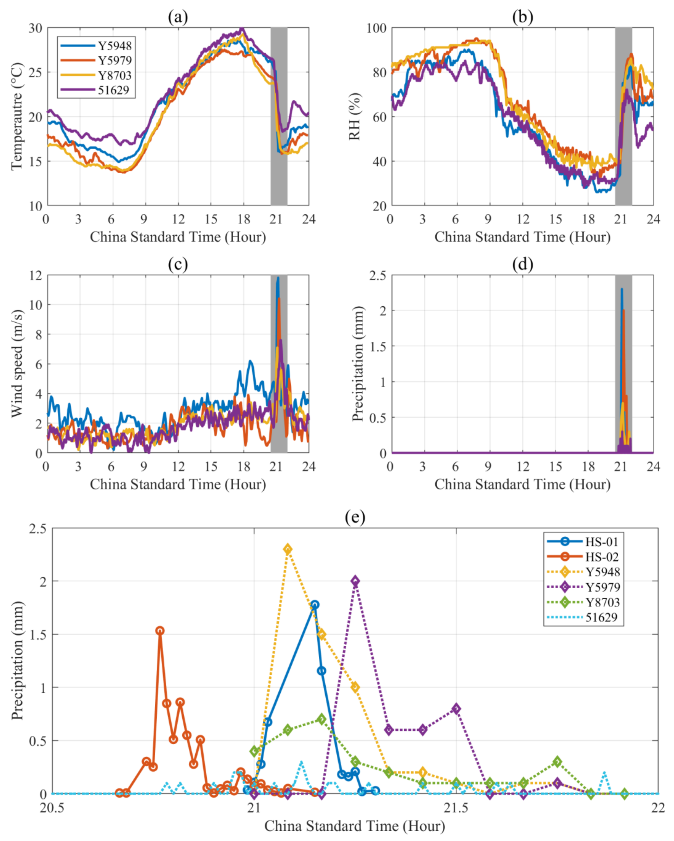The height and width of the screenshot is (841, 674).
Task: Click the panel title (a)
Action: click(x=178, y=17)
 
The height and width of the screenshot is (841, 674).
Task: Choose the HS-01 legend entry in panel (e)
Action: click(x=583, y=542)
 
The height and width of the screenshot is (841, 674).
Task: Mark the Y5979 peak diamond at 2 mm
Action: click(x=355, y=581)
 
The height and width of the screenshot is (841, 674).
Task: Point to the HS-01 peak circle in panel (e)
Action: click(x=315, y=605)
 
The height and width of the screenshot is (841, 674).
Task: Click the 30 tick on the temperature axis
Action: click(x=36, y=28)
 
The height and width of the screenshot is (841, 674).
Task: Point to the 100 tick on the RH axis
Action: click(x=376, y=28)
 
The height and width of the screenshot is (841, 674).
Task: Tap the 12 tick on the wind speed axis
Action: click(x=36, y=275)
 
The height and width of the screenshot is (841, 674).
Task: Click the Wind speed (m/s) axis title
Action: click(x=17, y=364)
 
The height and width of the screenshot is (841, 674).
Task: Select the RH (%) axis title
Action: click(x=354, y=117)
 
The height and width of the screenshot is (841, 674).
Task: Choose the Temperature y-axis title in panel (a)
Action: click(x=17, y=117)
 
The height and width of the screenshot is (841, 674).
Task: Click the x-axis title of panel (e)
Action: click(x=355, y=826)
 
